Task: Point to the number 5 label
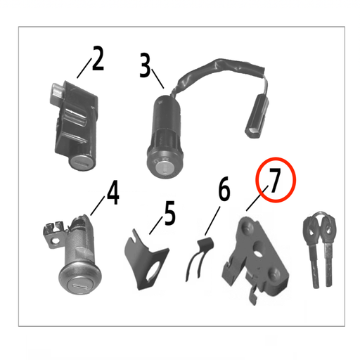coord(169,214)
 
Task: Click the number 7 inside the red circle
coord(275,181)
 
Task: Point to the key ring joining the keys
coord(316,217)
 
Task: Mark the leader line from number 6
coord(213,217)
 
